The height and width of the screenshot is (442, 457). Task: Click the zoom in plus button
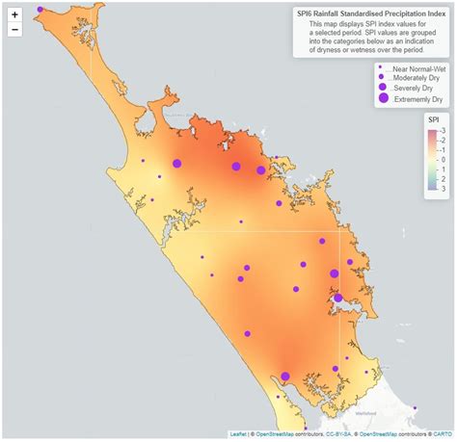click(x=14, y=14)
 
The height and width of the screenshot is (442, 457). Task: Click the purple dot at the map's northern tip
click(x=40, y=10)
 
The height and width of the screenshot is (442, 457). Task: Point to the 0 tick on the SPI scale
click(x=440, y=160)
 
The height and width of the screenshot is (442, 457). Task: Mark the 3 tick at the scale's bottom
click(x=440, y=190)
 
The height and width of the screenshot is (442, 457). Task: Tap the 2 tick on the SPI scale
click(x=440, y=180)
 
